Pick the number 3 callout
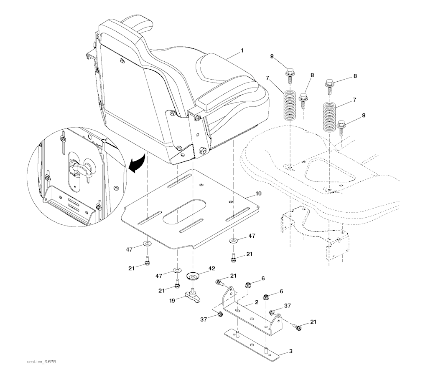coord(290,351)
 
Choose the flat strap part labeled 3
coord(251,344)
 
